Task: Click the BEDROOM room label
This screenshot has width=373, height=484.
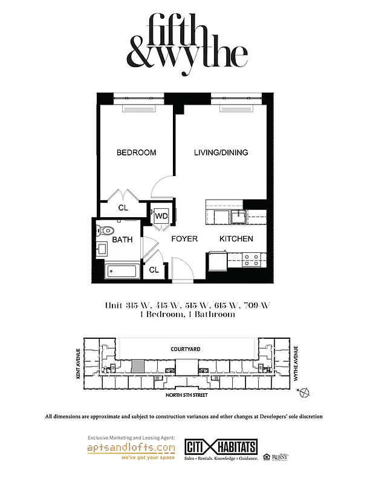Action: pos(136,152)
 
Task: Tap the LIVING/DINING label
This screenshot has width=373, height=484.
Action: pos(221,152)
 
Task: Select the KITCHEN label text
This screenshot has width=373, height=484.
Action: pos(236,239)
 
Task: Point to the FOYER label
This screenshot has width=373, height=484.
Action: pos(184,239)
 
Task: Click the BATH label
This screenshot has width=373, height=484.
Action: pos(122,240)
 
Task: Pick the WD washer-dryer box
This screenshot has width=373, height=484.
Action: pos(161,216)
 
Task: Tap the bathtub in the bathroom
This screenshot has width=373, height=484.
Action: pos(123,270)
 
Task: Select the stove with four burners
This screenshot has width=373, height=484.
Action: pos(251,260)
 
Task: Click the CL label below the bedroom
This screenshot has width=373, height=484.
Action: pos(123,208)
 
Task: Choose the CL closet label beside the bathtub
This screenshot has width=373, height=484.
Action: pos(154,270)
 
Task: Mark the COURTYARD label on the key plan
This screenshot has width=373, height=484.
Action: pos(186,349)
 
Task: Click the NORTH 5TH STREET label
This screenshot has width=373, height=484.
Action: pos(187,395)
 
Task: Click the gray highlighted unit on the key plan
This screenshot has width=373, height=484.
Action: pos(138,365)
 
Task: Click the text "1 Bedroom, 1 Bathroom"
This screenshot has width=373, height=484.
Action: pos(187,315)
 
